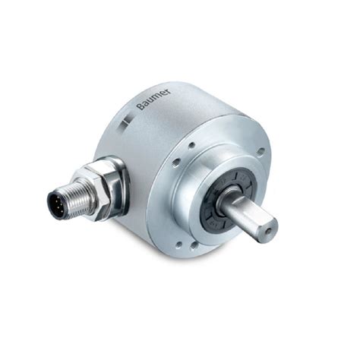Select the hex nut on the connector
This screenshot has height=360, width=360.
click(x=103, y=188)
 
